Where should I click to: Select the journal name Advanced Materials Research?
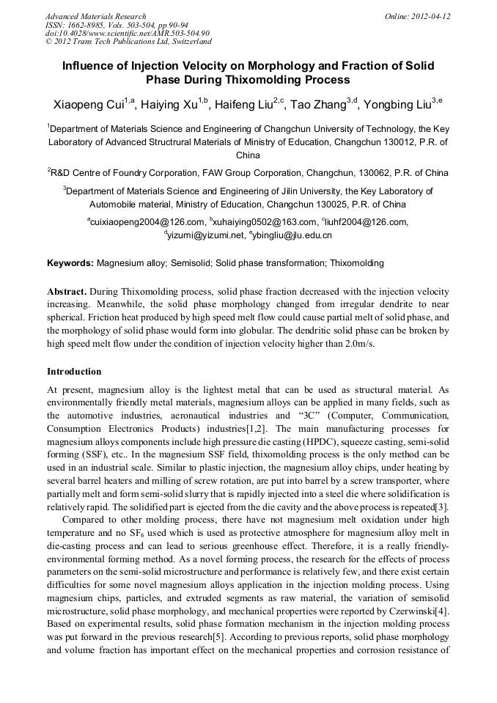[95, 15]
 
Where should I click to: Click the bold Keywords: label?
[70, 262]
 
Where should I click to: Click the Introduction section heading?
[74, 372]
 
